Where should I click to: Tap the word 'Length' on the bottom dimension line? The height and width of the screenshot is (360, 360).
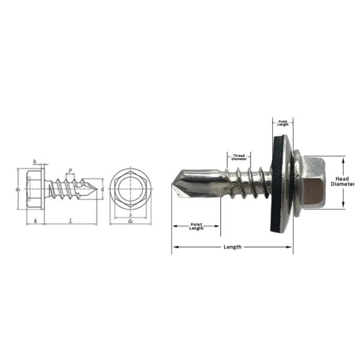pyautogui.click(x=232, y=247)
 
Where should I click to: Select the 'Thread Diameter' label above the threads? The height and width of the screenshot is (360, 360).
pyautogui.click(x=239, y=157)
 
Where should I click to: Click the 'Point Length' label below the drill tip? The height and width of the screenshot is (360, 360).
pyautogui.click(x=196, y=226)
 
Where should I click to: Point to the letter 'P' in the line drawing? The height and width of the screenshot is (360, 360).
pyautogui.click(x=70, y=171)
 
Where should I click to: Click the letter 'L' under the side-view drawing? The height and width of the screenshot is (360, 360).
pyautogui.click(x=71, y=221)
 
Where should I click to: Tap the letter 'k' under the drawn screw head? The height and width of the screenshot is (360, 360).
pyautogui.click(x=36, y=221)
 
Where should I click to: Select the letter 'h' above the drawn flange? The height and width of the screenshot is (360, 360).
pyautogui.click(x=35, y=161)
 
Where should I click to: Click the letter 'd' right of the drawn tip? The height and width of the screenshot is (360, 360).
pyautogui.click(x=103, y=189)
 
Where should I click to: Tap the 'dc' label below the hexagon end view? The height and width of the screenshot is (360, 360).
pyautogui.click(x=131, y=221)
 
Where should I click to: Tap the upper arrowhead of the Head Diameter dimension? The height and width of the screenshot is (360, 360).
pyautogui.click(x=343, y=160)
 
